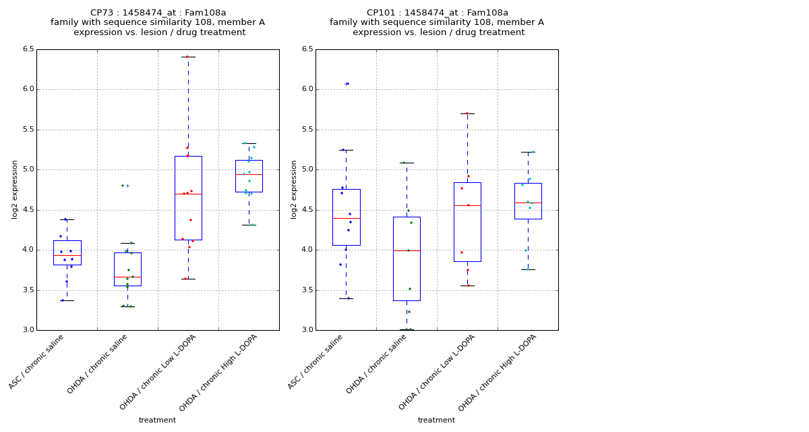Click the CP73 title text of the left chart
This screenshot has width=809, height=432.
pos(158,13)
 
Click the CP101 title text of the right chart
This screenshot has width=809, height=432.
pos(437,13)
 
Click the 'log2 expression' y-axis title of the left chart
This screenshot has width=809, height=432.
pos(15,189)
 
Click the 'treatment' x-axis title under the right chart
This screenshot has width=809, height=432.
pos(436,421)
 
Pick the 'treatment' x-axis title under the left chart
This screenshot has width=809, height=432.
pos(157,421)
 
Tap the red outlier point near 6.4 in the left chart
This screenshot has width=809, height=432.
pos(187,57)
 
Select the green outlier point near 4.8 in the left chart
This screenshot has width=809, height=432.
pos(123,186)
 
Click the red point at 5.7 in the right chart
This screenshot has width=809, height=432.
pos(467,113)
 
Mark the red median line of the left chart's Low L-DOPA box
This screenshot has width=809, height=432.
pos(188,194)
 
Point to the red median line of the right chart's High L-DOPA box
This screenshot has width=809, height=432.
pos(528,202)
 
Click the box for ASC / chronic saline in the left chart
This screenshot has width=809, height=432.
pos(67,252)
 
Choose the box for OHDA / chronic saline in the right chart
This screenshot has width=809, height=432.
pos(407,259)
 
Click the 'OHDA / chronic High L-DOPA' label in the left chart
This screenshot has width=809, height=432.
pos(219,372)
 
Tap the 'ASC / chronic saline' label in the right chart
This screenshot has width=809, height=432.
pos(316,362)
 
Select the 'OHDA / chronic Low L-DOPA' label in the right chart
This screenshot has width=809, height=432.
pos(437,372)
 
